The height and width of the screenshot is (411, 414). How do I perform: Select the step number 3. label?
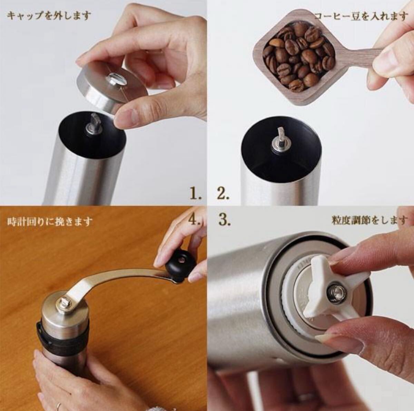pyautogui.click(x=224, y=220)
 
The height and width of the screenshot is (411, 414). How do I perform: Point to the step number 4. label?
pyautogui.click(x=196, y=220)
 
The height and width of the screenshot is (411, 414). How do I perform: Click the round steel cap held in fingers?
pyautogui.click(x=112, y=88)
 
